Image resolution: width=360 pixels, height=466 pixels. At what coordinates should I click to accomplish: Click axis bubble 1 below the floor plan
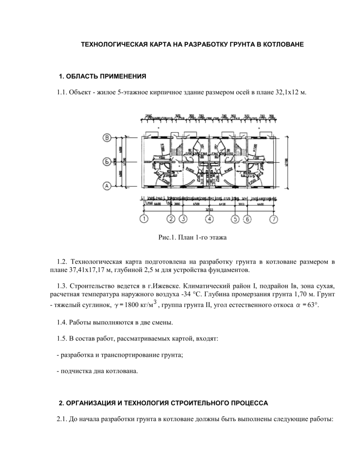(x=144, y=218)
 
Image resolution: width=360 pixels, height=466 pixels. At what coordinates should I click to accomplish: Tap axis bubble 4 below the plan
(x=210, y=218)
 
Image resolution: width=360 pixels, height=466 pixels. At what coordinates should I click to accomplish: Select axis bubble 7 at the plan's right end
(x=273, y=218)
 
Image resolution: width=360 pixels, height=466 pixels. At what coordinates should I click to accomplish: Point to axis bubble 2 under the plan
(x=171, y=218)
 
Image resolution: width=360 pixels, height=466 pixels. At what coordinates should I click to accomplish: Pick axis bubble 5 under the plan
(x=236, y=218)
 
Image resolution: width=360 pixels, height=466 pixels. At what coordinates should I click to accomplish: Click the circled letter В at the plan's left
(x=107, y=138)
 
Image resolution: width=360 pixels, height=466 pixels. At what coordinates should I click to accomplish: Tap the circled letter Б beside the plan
(x=107, y=162)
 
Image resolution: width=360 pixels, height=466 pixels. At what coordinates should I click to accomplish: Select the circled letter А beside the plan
(x=107, y=186)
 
